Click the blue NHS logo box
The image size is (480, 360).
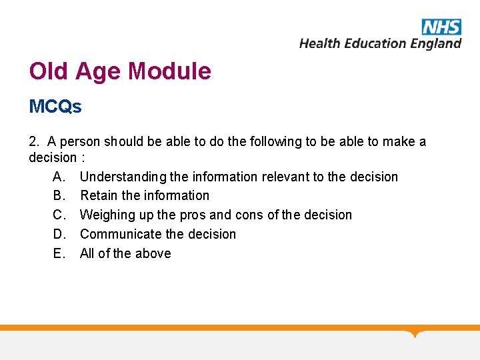click(x=441, y=27)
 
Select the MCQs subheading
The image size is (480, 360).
click(x=55, y=107)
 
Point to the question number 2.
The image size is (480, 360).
click(x=33, y=141)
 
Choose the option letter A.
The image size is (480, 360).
click(x=58, y=177)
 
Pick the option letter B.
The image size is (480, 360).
click(x=58, y=195)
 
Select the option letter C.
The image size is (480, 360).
click(x=58, y=215)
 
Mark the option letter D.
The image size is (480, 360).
click(x=58, y=234)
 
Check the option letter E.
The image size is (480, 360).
click(x=58, y=253)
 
